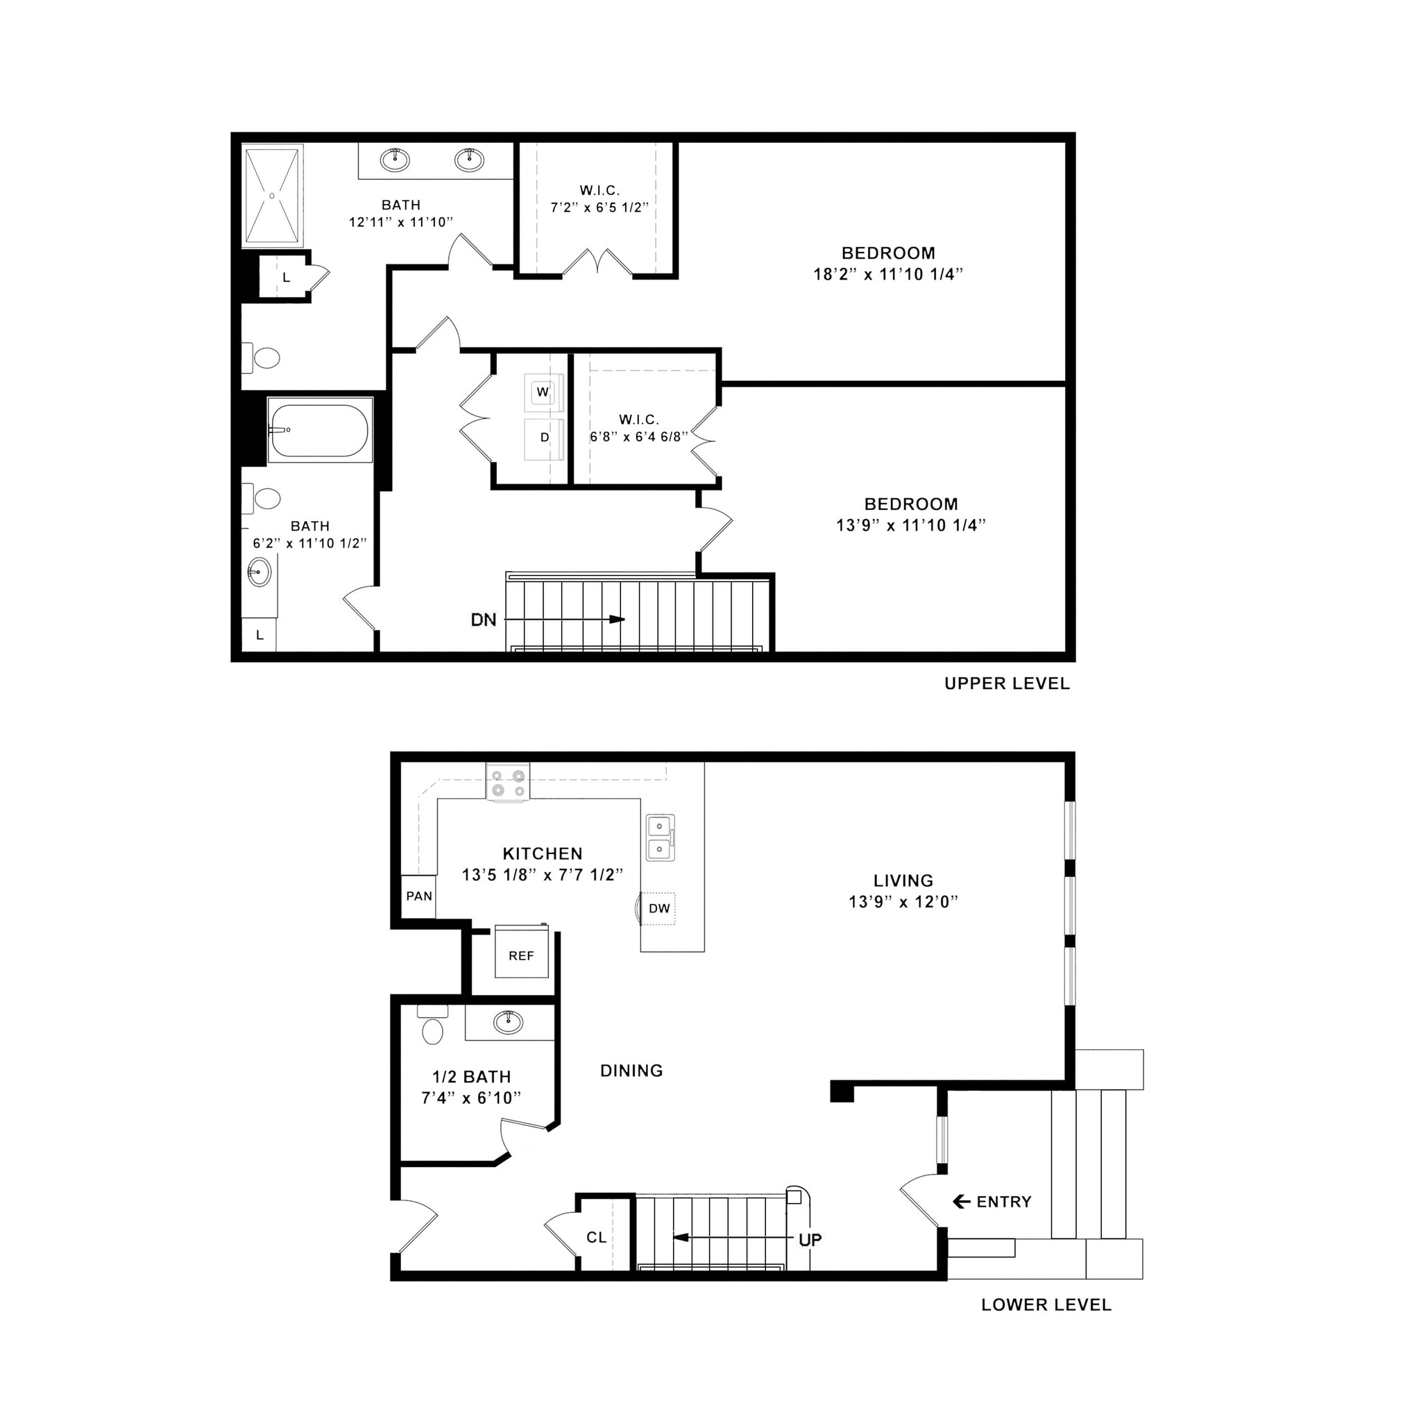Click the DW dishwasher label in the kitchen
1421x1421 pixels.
coord(659,908)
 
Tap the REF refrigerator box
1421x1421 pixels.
coord(521,955)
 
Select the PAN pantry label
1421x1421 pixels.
coord(419,896)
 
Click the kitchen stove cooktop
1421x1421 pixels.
coord(508,783)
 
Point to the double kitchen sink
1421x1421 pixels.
coord(660,837)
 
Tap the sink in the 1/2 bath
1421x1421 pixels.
coord(507,1021)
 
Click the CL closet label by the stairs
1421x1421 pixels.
coord(597,1238)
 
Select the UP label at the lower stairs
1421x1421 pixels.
coord(810,1240)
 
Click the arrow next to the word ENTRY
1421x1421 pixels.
coord(960,1202)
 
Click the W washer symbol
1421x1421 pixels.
coord(543,392)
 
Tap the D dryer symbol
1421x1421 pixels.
coord(544,438)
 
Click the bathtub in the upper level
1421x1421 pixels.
coord(320,430)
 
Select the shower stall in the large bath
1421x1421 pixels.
coord(273,195)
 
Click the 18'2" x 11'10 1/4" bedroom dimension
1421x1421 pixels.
coord(887,274)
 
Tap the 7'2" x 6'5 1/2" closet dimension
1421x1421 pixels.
coord(599,208)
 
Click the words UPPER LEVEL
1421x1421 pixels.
coord(1007,683)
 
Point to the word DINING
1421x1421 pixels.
coord(631,1071)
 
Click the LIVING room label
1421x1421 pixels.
coord(903,880)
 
